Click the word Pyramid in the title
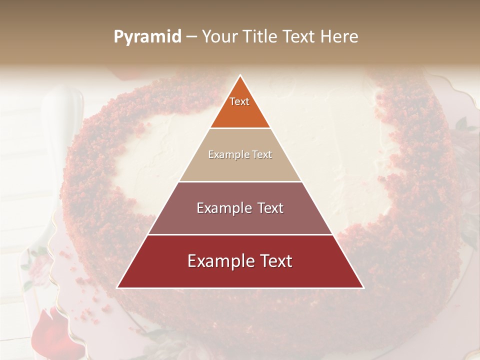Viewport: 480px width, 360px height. pyautogui.click(x=147, y=37)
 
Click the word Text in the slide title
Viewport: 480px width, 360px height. pyautogui.click(x=300, y=36)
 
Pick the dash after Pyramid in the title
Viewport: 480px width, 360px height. pyautogui.click(x=191, y=37)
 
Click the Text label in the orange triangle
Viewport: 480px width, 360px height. pyautogui.click(x=239, y=101)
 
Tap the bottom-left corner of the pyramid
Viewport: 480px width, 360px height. pyautogui.click(x=117, y=288)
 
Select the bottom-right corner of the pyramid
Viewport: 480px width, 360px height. pyautogui.click(x=363, y=288)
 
